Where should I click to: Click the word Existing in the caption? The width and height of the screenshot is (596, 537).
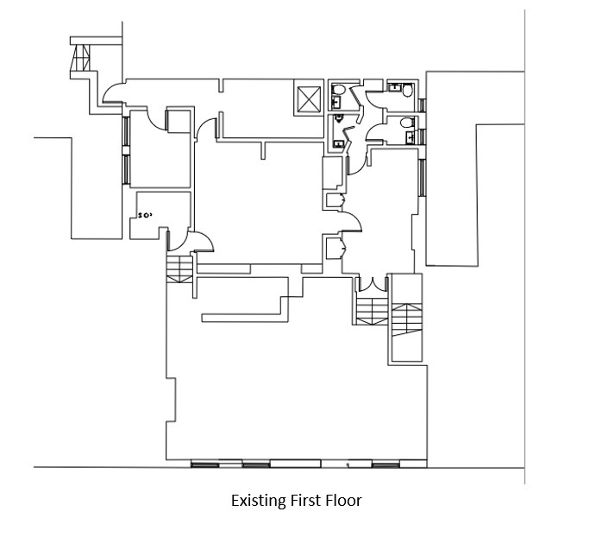260,501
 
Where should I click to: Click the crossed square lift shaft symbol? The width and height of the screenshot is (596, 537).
309,99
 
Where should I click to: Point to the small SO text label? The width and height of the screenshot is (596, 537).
145,216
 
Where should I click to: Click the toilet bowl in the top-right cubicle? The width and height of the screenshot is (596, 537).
408,91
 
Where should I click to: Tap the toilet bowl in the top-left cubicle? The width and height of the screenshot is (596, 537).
338,90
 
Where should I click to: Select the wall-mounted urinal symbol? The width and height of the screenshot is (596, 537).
339,119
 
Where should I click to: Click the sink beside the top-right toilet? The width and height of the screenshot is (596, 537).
394,87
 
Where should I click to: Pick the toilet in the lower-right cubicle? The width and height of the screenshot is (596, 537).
407,123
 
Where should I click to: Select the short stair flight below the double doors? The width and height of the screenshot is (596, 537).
372,311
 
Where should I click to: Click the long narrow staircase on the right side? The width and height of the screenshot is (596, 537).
407,319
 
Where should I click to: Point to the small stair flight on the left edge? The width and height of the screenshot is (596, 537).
179,269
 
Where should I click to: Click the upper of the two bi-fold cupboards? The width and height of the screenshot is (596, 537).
336,200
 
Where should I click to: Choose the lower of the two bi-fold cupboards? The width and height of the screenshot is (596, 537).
336,248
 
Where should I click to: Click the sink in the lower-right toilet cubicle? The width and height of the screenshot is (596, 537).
410,137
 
